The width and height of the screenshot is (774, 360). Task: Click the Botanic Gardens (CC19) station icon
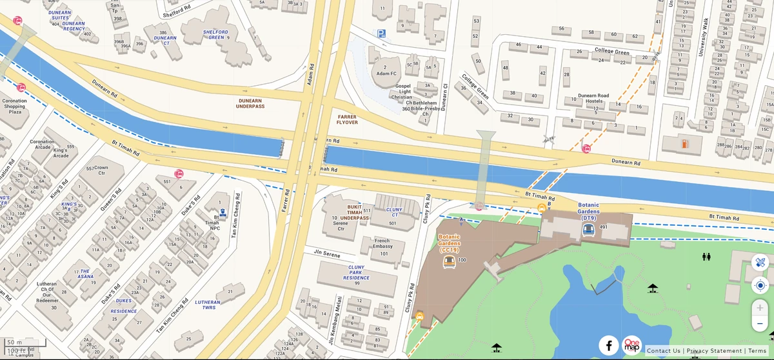[x=449, y=261]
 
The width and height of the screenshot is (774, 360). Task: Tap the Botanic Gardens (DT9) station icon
[x=588, y=230]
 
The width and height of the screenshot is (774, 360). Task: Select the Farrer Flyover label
[x=347, y=119]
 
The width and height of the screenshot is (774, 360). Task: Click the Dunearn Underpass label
[x=251, y=104]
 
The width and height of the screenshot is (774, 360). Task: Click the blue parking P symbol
[x=381, y=34]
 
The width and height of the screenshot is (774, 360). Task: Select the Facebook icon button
[x=608, y=345]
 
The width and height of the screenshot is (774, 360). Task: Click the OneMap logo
[x=632, y=345]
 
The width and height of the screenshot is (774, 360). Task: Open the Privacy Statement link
[x=714, y=351]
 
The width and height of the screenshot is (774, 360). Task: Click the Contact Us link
[x=663, y=351]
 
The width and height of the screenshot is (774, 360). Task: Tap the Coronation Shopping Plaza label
[x=15, y=106]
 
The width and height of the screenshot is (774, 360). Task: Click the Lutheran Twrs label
[x=208, y=305]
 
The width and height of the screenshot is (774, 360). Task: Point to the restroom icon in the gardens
[x=706, y=257]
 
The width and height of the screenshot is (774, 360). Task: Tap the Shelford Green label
[x=215, y=34]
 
